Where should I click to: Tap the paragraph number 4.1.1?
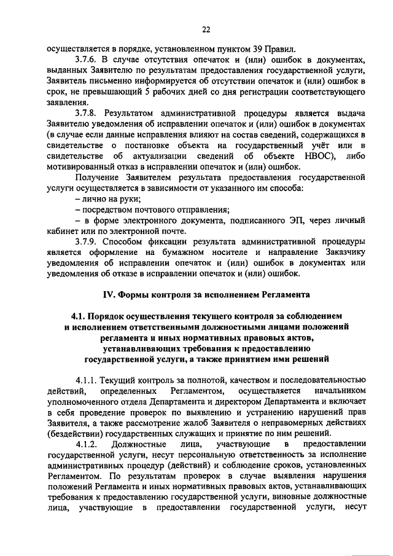pyautogui.click(x=87, y=380)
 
